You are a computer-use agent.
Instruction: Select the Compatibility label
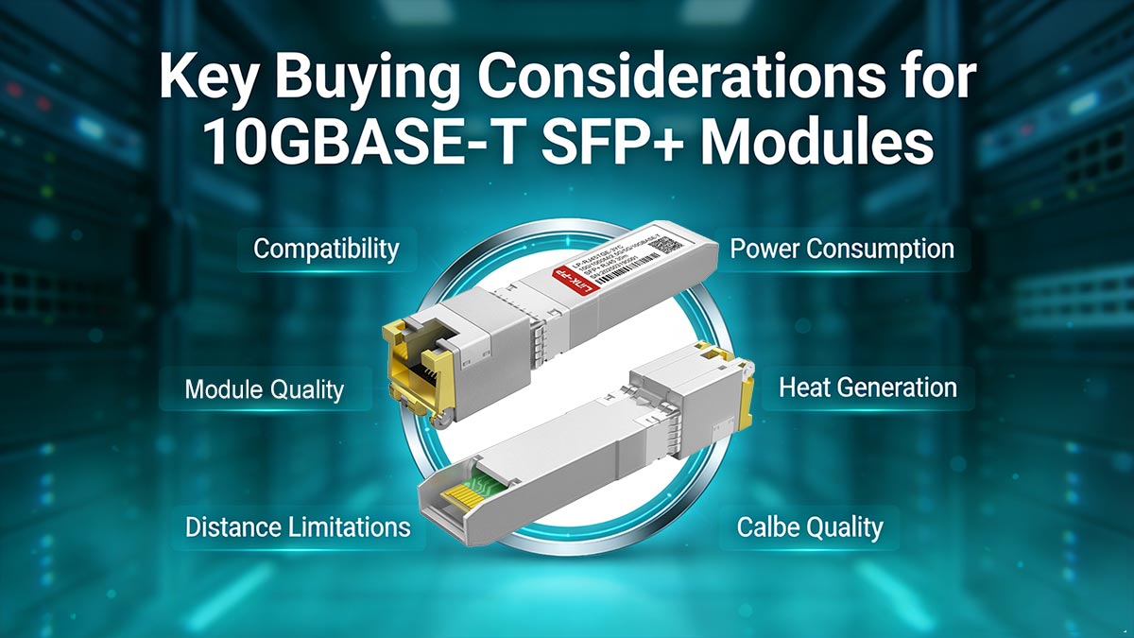(325, 250)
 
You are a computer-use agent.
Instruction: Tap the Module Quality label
(264, 388)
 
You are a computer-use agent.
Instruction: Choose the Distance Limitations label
(297, 526)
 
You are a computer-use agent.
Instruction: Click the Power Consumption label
(842, 250)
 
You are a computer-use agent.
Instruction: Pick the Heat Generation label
(867, 388)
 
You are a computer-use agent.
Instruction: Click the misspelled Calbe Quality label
(810, 526)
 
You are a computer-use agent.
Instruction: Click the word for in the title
(931, 78)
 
